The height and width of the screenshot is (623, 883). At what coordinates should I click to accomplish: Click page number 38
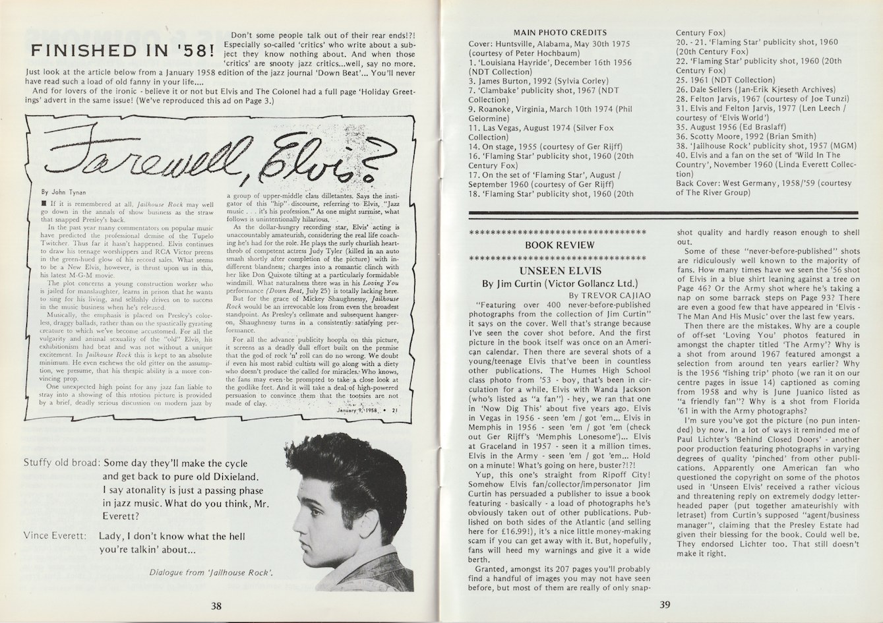pyautogui.click(x=216, y=607)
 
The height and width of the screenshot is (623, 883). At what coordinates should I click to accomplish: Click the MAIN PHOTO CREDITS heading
pyautogui.click(x=560, y=32)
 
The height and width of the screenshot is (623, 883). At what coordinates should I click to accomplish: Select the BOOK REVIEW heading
pyautogui.click(x=559, y=245)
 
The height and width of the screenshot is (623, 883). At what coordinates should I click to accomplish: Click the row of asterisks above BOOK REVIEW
pyautogui.click(x=559, y=233)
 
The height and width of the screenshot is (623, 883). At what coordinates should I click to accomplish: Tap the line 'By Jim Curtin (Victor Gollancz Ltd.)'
pyautogui.click(x=559, y=283)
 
